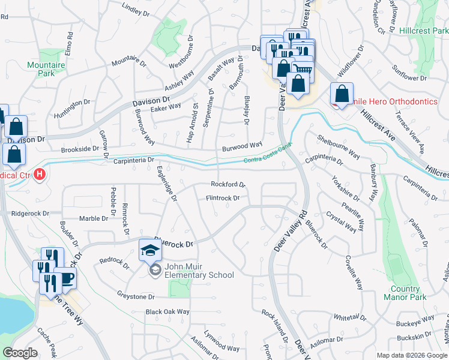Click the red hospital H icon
[x=40, y=176]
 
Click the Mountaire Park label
[x=41, y=68]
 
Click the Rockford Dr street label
[x=228, y=185]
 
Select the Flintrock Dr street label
[x=223, y=197]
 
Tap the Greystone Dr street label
[x=136, y=296]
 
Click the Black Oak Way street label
[x=167, y=312]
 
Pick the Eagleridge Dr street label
[x=167, y=184]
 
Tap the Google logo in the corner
[x=20, y=353]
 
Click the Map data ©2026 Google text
[x=412, y=355]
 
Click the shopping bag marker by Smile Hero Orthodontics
[x=341, y=94]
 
